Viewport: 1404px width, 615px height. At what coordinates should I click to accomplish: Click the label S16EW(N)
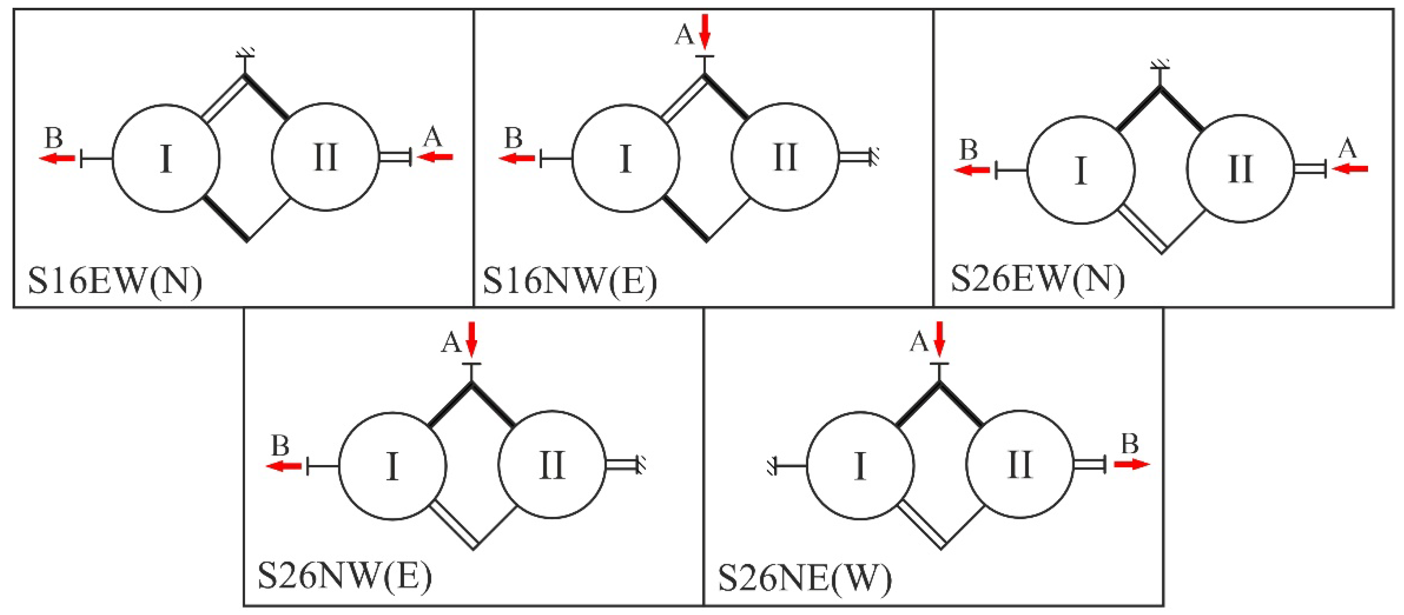click(x=115, y=282)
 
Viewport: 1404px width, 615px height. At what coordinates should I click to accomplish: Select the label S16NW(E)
click(x=570, y=282)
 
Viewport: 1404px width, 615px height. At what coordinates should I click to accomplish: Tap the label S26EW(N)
click(x=1037, y=280)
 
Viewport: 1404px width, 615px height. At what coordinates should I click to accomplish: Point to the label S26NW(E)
click(x=345, y=576)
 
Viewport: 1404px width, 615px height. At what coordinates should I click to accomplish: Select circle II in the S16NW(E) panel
click(x=785, y=157)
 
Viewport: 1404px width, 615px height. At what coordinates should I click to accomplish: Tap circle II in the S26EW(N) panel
click(x=1240, y=169)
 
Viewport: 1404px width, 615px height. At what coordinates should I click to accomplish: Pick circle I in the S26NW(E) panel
click(x=392, y=466)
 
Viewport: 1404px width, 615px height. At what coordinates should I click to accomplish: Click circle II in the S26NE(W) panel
click(x=1020, y=464)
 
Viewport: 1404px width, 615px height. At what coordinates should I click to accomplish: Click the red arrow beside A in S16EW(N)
click(x=434, y=157)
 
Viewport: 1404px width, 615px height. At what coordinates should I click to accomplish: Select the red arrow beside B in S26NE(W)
click(x=1132, y=464)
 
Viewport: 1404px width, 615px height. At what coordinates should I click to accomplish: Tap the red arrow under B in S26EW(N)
click(x=972, y=171)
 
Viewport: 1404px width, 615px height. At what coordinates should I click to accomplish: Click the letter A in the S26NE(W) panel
click(x=919, y=343)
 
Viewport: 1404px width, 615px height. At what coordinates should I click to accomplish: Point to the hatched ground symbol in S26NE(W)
click(x=772, y=466)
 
